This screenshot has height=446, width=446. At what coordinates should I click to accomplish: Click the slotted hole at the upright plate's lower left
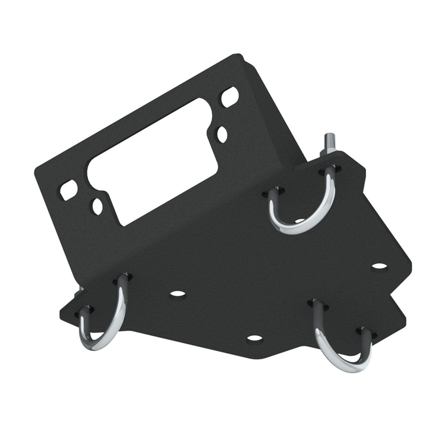click(68, 190)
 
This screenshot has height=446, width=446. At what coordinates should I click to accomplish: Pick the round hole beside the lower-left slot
click(97, 205)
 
